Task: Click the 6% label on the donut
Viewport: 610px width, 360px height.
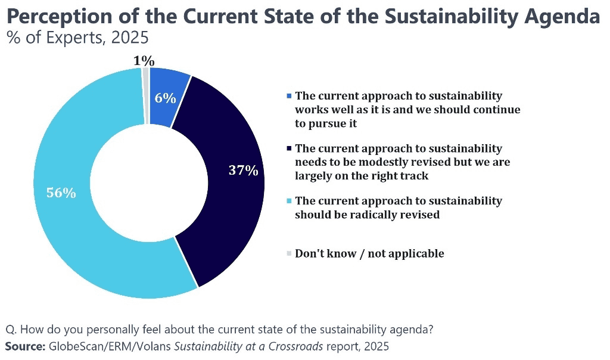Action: (165, 98)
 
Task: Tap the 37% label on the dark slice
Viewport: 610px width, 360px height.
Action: (243, 170)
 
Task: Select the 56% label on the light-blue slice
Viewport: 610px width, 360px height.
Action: (61, 193)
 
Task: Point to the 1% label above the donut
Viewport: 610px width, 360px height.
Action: (144, 60)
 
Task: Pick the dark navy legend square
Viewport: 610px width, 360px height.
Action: (290, 148)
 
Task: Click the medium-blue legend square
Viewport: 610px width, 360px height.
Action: (290, 96)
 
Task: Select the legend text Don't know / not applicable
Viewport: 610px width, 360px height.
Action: (369, 253)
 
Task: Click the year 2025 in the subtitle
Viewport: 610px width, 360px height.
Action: (128, 39)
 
